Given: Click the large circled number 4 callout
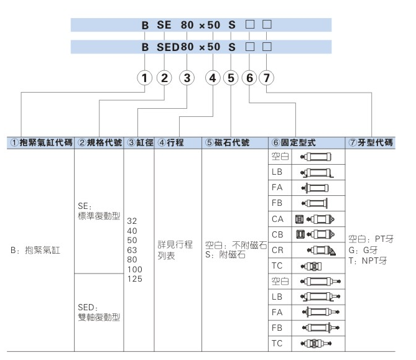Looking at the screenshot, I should (x=213, y=78).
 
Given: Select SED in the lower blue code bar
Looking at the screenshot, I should (x=167, y=47).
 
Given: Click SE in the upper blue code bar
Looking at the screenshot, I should (x=164, y=25).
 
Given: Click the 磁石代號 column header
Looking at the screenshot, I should (x=228, y=142).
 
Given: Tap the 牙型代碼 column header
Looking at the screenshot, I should (x=371, y=142).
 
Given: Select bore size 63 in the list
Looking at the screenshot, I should (x=132, y=250).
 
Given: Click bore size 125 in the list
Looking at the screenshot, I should (x=135, y=279).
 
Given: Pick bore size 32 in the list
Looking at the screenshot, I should (x=132, y=221).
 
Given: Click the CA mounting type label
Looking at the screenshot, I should (x=278, y=218).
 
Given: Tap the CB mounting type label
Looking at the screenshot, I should (x=278, y=234).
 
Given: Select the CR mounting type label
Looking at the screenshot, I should (x=278, y=249).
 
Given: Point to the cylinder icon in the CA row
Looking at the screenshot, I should (x=318, y=218).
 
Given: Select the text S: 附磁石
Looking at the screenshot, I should (x=226, y=255).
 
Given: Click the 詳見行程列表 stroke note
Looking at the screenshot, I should (x=175, y=250).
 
